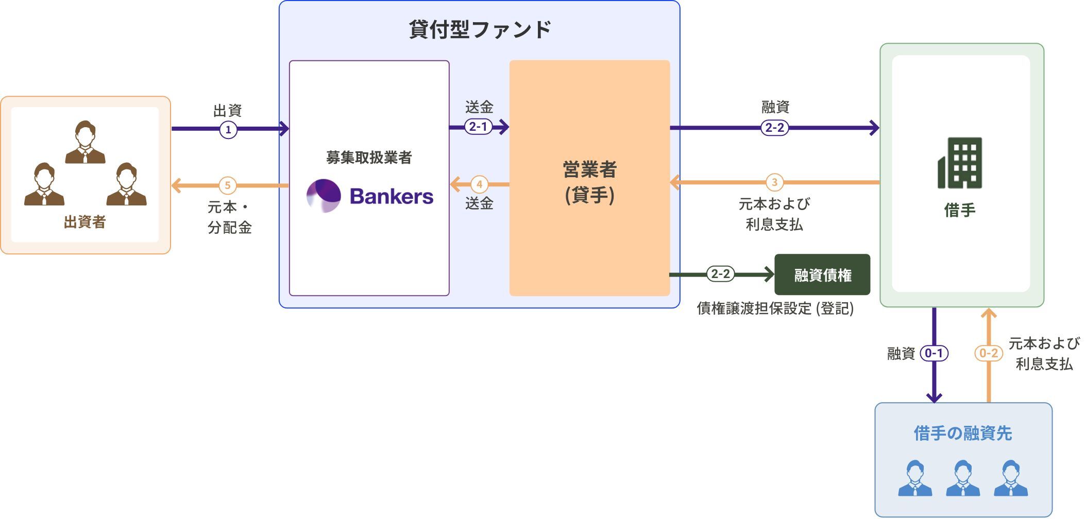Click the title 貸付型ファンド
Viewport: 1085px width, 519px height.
(480, 29)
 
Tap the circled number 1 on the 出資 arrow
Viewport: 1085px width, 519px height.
(228, 129)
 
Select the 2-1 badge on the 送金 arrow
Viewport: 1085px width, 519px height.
(478, 126)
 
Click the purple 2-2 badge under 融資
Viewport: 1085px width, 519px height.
(774, 127)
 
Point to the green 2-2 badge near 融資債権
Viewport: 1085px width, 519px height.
(720, 274)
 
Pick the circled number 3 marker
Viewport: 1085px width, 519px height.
(774, 182)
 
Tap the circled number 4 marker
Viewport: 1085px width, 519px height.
(479, 184)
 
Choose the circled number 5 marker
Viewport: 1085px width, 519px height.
(227, 185)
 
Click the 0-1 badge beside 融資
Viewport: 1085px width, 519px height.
(934, 353)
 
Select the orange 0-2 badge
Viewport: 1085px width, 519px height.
(988, 353)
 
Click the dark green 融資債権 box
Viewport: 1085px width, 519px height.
(822, 275)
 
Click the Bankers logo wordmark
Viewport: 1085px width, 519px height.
(391, 196)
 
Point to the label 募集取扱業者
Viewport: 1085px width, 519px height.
(369, 158)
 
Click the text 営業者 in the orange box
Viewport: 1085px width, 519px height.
(589, 169)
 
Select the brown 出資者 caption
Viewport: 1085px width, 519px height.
(85, 222)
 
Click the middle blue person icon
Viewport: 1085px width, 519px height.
(962, 478)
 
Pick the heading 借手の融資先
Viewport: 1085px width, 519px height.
(962, 433)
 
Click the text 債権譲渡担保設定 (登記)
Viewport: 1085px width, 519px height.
(775, 308)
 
